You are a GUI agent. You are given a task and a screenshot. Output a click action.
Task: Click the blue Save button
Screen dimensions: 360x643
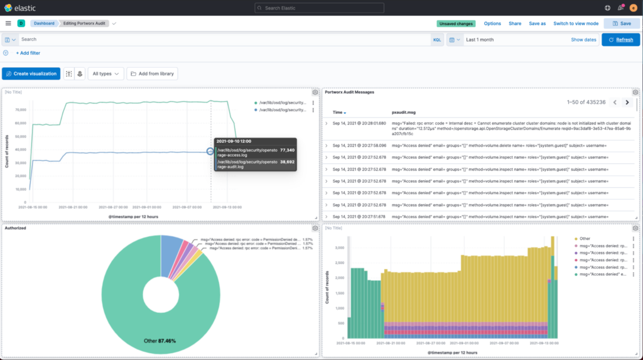[x=622, y=23]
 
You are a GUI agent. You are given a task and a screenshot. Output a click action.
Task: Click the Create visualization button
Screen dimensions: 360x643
[x=31, y=74]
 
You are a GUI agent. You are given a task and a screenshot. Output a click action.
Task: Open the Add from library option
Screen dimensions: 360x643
[x=151, y=74]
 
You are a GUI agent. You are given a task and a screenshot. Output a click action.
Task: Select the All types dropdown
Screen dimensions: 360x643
[x=105, y=74]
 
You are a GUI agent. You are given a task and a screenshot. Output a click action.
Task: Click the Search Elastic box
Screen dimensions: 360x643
[x=321, y=8]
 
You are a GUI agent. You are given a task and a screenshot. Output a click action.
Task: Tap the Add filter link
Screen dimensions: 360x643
[x=28, y=53]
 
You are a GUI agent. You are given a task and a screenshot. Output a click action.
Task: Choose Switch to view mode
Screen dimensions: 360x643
[x=575, y=23]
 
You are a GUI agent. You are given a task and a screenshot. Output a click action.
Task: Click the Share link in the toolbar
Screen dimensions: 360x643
[x=515, y=23]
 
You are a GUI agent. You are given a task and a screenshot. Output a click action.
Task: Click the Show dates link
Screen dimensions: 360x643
[x=583, y=40]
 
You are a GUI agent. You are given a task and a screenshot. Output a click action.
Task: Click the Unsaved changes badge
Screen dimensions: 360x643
[x=456, y=23]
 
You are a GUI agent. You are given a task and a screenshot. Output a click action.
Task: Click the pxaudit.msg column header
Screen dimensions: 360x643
[x=403, y=111]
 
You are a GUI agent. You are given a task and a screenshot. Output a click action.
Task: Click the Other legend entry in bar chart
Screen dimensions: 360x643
[x=585, y=239]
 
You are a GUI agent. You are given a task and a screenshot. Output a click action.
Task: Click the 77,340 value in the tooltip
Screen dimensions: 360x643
[x=287, y=150]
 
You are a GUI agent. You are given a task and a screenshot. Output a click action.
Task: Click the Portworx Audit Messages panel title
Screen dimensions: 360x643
[x=350, y=92]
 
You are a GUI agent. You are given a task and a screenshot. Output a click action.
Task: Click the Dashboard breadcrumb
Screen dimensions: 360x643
[x=44, y=23]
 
